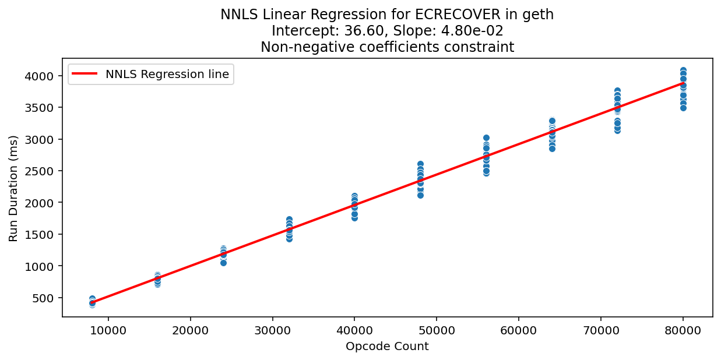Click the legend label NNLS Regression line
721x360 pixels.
167,75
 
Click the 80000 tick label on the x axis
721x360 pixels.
683,330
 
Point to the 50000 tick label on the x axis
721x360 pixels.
437,330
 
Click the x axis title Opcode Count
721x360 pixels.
387,347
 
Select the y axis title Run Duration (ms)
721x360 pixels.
13,188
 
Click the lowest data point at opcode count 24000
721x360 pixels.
223,263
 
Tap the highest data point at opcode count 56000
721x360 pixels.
486,138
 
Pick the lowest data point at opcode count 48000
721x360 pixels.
420,195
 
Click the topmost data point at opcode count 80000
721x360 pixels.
683,70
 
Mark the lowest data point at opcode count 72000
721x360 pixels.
617,130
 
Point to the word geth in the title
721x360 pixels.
541,15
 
